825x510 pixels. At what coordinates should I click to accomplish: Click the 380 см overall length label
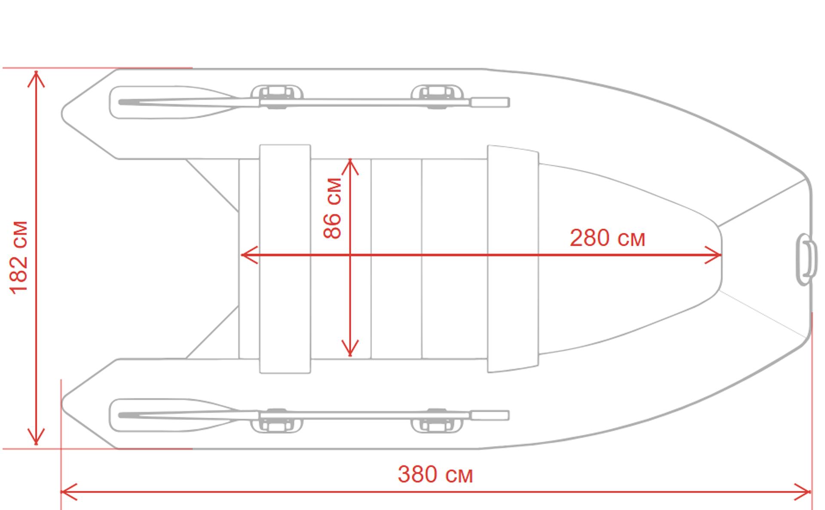click(435, 474)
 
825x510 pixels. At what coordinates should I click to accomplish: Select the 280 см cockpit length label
click(607, 238)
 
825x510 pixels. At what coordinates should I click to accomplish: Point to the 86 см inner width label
click(332, 208)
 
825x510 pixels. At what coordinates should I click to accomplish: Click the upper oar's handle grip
click(489, 102)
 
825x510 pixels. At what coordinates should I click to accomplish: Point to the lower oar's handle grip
click(489, 415)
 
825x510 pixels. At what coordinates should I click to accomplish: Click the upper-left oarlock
click(277, 96)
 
